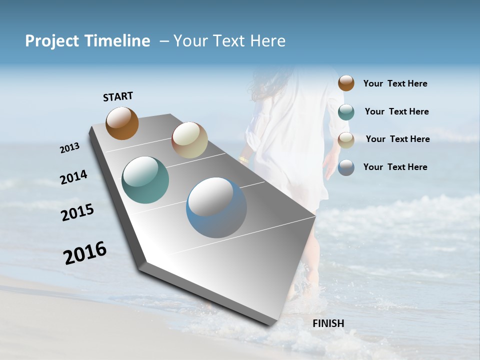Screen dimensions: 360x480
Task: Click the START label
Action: point(118,96)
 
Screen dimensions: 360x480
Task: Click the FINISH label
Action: point(328,323)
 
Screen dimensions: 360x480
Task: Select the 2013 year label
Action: point(69,148)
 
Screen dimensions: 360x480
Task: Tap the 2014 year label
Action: point(73,177)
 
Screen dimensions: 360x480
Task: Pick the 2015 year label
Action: point(77,212)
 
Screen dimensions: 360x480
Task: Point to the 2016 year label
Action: point(85,253)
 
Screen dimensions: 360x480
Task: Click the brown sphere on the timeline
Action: point(122,123)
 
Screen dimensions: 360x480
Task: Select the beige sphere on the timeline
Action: point(189,140)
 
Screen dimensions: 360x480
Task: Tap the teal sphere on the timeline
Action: point(145,180)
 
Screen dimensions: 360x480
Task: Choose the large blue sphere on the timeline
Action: point(216,207)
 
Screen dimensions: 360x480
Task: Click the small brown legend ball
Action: point(346,83)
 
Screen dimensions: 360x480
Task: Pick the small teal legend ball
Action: point(346,111)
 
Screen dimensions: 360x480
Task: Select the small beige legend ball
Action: point(346,139)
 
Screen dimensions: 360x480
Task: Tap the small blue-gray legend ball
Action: point(346,167)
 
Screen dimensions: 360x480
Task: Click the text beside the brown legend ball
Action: point(395,83)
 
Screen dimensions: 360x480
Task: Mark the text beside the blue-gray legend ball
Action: point(395,167)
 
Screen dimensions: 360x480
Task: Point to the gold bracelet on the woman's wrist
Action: point(243,160)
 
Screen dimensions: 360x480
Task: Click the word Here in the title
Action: point(267,41)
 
